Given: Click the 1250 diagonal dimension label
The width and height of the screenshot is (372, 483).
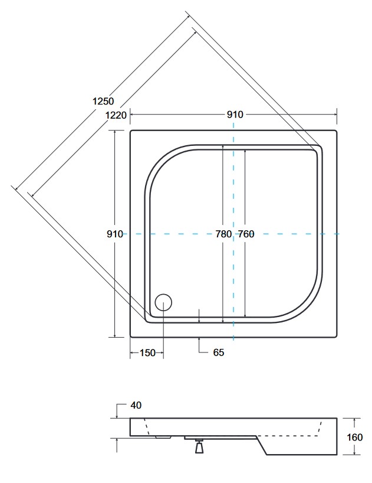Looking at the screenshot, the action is tap(103, 101).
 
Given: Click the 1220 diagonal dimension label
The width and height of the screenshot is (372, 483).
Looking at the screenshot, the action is tap(116, 115).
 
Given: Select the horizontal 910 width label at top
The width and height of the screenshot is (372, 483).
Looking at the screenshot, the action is tap(235, 115).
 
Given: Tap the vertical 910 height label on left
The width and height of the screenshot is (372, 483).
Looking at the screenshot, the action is tap(115, 234).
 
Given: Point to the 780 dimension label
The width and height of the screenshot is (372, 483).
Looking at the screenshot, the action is tap(223, 234).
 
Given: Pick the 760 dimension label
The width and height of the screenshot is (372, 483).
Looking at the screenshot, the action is tap(246, 234).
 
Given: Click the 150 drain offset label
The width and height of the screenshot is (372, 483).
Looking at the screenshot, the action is tap(147, 353).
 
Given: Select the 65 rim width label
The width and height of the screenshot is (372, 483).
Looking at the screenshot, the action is tap(219, 353).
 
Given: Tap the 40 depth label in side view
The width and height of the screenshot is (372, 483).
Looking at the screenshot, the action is tap(136, 406).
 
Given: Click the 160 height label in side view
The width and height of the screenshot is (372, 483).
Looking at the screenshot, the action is tap(354, 437).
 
